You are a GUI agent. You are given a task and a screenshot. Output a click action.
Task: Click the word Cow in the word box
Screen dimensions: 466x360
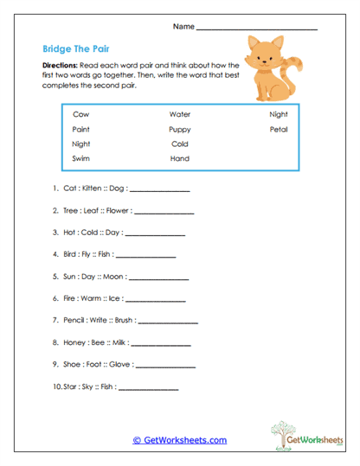coord(81,114)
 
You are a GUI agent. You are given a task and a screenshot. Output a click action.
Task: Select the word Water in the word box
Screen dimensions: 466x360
coord(180,114)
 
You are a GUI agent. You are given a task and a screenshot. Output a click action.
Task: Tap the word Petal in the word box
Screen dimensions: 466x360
coord(278,129)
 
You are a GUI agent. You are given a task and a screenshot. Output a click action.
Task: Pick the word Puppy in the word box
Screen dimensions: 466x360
coord(180,129)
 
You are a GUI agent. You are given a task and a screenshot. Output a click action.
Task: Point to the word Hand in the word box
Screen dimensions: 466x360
coord(179,159)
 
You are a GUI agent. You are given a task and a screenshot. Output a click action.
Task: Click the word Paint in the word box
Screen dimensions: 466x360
coord(82,129)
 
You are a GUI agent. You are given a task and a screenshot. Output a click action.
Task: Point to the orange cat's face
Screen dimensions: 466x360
coord(260,52)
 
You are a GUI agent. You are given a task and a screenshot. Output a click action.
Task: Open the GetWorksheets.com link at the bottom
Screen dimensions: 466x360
coord(179,440)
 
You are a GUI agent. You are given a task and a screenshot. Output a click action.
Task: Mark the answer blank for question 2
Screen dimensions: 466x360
coord(164,210)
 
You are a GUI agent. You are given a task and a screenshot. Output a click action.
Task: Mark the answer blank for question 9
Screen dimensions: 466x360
coord(158,365)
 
